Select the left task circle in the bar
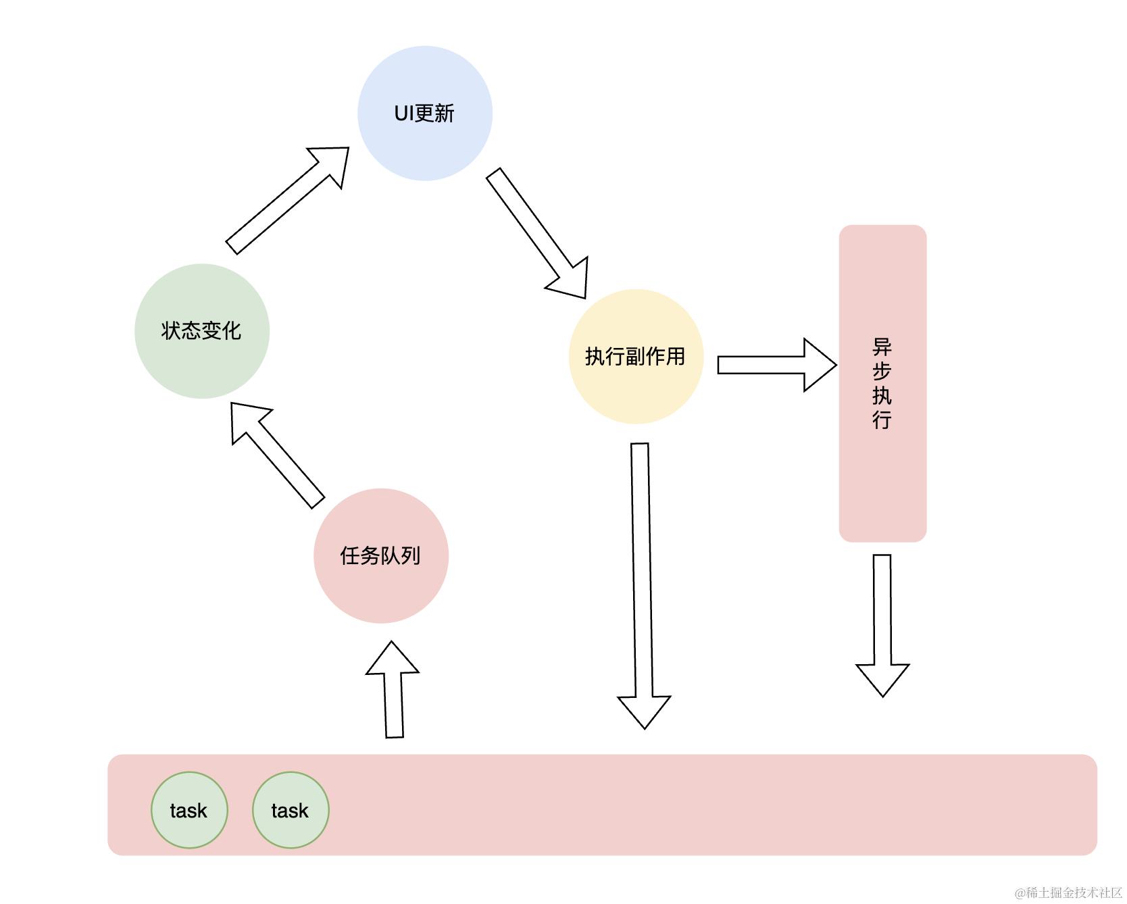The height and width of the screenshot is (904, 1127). (x=189, y=810)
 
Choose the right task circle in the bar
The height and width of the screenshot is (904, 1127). (x=291, y=810)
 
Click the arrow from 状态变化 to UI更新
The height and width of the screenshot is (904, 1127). (x=284, y=203)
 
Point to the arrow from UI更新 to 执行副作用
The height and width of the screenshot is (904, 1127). (x=534, y=230)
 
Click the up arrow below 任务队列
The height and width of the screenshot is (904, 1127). (x=393, y=696)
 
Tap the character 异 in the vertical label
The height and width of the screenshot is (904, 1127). (x=882, y=348)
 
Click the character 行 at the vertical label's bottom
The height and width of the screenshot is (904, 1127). (x=882, y=420)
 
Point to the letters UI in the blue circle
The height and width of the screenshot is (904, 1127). (x=404, y=113)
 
